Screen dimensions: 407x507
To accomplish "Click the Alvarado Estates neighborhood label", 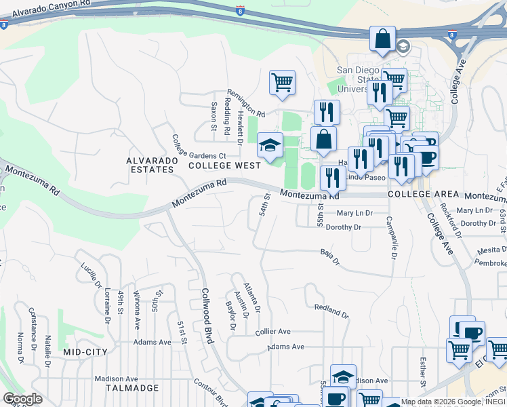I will pos(152,165).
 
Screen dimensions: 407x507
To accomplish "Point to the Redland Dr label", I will pos(331,311).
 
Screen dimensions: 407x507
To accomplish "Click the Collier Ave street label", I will pos(273,332).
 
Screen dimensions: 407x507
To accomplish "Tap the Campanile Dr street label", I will pos(391,237).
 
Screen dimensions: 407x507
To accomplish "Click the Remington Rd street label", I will pos(245,103).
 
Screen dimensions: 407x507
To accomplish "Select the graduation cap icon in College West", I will pos(270,145).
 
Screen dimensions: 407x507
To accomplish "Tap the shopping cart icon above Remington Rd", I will pos(282,83).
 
